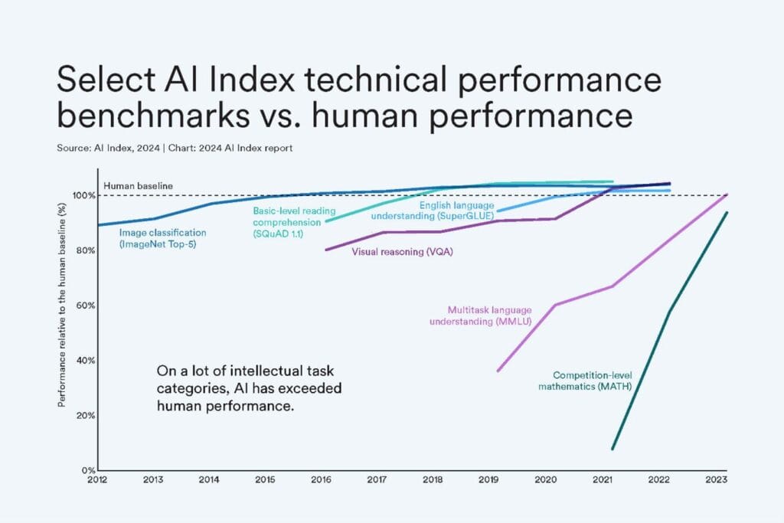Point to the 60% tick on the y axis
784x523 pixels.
84,306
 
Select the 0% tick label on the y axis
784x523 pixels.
87,469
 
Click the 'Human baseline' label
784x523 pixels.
138,185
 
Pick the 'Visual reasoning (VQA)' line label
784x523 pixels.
402,251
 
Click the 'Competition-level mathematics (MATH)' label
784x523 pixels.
596,381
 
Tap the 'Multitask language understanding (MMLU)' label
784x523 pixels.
489,315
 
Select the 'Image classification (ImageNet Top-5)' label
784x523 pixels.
162,237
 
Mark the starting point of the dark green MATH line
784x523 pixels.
612,449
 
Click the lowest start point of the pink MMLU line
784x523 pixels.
498,371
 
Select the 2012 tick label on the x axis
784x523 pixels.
97,480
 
